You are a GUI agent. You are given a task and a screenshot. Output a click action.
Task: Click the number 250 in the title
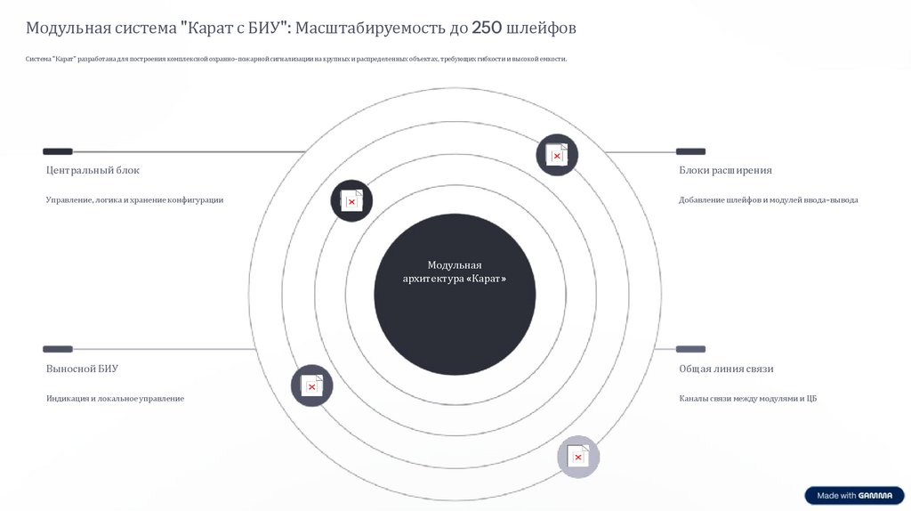coord(487,28)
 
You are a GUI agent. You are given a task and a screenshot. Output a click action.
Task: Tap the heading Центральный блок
coord(93,170)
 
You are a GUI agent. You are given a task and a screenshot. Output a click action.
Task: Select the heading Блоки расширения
coord(725,170)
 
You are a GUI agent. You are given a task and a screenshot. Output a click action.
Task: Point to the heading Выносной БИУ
coord(82,369)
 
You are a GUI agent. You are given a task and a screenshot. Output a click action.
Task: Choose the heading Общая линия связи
coord(726,369)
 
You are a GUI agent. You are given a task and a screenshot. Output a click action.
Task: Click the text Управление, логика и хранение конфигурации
coord(134,200)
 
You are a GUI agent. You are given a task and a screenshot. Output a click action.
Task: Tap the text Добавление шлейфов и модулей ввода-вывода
coord(768,200)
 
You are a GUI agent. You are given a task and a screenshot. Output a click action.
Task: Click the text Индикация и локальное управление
coord(115,399)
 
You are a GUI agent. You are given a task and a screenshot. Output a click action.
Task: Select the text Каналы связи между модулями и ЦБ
coord(747,399)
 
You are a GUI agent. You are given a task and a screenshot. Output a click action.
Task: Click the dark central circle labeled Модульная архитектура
coord(455,294)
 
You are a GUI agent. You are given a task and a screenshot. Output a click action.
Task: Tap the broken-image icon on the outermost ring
coord(578,457)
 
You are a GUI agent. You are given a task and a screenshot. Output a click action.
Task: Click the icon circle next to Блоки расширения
coord(557,155)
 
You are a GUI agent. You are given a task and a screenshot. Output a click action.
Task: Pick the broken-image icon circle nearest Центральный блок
coord(351,201)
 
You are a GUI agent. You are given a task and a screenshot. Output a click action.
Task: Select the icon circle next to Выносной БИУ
coord(311,385)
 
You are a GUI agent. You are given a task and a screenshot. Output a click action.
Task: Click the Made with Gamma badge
coord(854,496)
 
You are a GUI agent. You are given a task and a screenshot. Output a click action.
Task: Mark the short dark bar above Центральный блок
coord(58,151)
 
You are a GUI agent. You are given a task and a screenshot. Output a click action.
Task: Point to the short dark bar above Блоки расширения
coord(690,151)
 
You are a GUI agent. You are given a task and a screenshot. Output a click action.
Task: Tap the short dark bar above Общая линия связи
coord(690,349)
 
